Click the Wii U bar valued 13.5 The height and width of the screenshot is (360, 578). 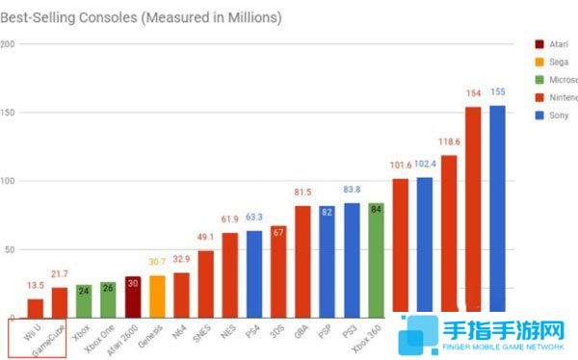pyautogui.click(x=35, y=308)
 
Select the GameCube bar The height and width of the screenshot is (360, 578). pyautogui.click(x=60, y=302)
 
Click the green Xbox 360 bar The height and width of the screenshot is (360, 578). pyautogui.click(x=376, y=260)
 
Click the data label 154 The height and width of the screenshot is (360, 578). pyautogui.click(x=473, y=93)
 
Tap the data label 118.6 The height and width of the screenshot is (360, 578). pyautogui.click(x=448, y=141)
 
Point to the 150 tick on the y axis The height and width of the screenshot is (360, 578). pyautogui.click(x=7, y=113)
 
